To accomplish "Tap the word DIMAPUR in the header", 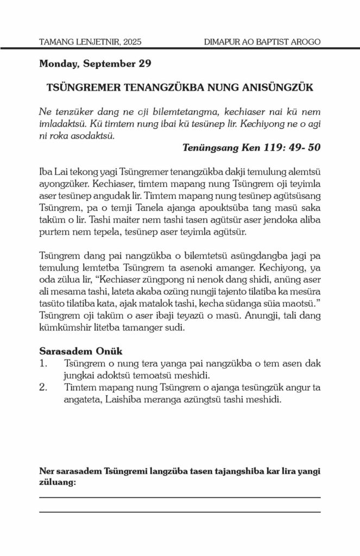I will tap(220, 41).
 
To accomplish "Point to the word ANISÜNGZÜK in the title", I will tap(270, 87).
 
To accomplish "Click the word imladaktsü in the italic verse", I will tap(64, 124).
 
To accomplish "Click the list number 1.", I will tap(44, 363).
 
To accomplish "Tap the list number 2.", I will tap(44, 387).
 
